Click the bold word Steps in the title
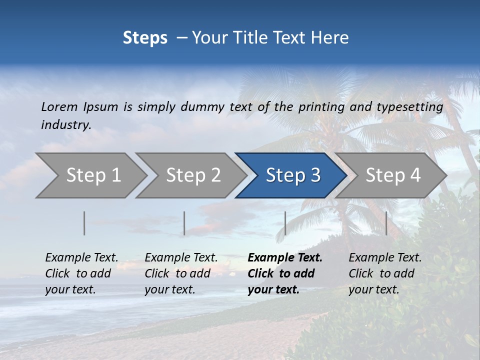(x=145, y=38)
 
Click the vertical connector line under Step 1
(x=84, y=223)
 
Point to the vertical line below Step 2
(x=184, y=223)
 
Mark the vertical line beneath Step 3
(x=285, y=223)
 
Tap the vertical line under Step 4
(x=386, y=223)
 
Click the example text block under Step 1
(x=81, y=273)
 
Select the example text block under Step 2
(x=181, y=273)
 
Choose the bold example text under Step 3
(x=285, y=273)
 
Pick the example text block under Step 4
(x=385, y=273)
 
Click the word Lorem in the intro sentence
(x=59, y=107)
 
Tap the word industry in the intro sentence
(x=66, y=125)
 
